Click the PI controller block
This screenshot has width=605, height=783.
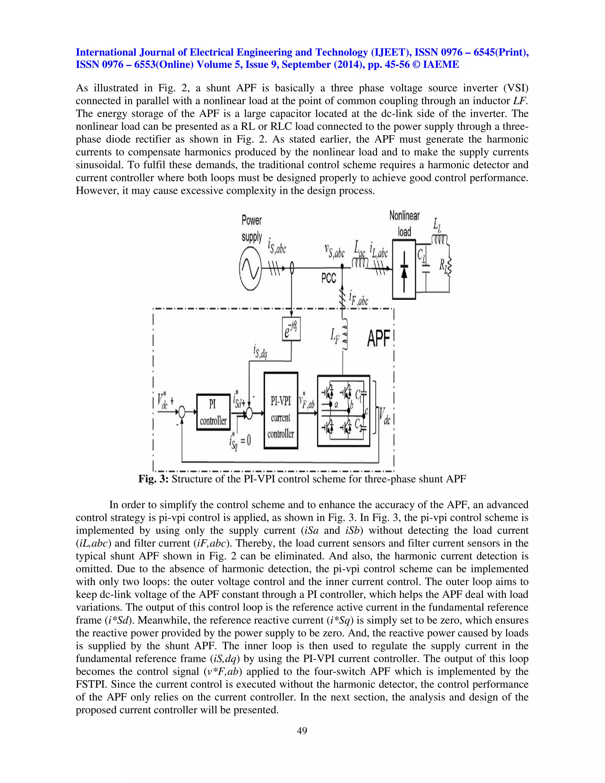(x=213, y=412)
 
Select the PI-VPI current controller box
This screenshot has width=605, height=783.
(x=281, y=410)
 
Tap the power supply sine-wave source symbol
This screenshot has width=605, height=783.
(x=250, y=269)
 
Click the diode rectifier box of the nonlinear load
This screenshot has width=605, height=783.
(x=404, y=269)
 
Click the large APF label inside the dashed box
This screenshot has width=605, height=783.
(x=378, y=339)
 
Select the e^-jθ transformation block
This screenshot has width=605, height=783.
(x=291, y=329)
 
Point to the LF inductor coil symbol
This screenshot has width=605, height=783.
(x=344, y=335)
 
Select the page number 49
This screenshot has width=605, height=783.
(x=302, y=731)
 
